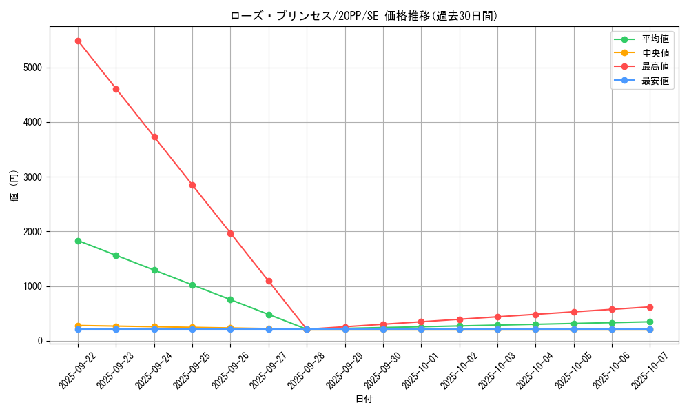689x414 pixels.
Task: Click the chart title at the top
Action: [364, 16]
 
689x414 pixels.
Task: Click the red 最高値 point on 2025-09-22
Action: [78, 41]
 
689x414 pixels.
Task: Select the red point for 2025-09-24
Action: [154, 137]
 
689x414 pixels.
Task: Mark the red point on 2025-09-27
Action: [269, 281]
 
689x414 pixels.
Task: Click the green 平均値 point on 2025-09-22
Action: [78, 241]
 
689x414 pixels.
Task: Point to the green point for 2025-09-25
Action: [192, 285]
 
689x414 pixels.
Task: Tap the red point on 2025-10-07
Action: [650, 307]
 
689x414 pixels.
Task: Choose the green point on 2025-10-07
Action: [650, 322]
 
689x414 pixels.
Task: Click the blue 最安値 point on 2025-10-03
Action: [497, 329]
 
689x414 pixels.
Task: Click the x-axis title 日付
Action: [364, 400]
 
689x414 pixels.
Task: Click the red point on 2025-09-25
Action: [192, 185]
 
